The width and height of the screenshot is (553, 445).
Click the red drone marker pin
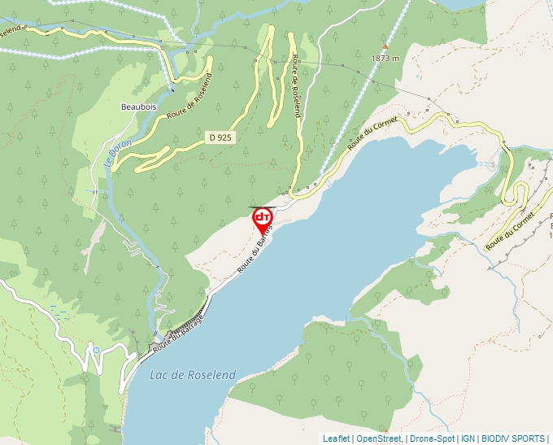263,219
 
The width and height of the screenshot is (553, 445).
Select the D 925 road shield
220,137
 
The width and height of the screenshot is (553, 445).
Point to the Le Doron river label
111,151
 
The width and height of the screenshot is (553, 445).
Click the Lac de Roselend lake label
193,375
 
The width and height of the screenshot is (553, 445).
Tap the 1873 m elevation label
385,59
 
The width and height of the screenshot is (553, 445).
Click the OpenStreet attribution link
378,438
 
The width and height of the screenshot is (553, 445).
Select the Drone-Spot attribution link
432,438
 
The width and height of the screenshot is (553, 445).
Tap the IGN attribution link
468,438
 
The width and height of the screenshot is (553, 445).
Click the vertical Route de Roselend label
296,87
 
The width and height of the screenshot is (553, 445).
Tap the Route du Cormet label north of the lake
372,133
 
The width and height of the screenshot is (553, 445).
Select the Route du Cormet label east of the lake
511,232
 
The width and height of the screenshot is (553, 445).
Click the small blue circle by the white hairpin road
96,351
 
